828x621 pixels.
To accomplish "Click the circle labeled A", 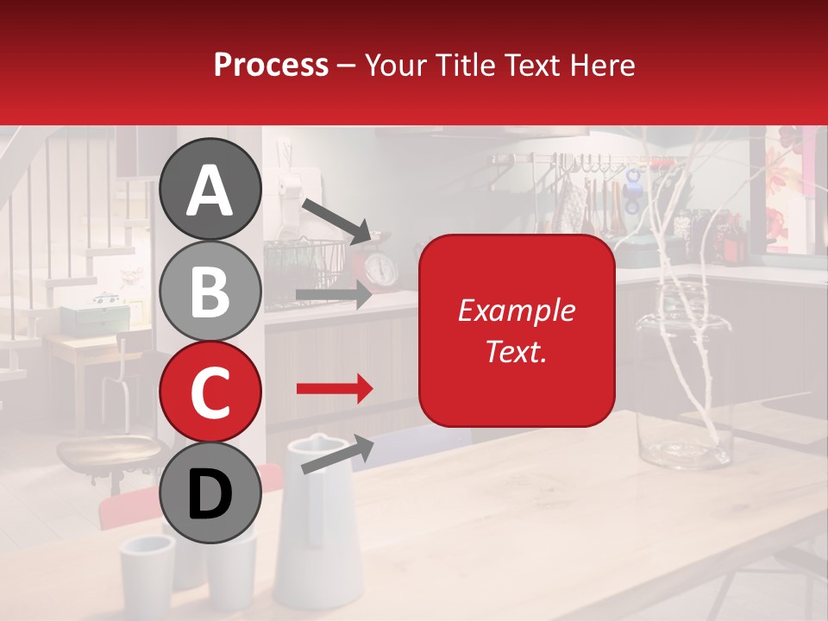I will [210, 189].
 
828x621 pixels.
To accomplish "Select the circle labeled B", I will [210, 291].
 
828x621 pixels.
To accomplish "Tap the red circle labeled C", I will [210, 392].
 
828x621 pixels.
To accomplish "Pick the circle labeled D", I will [210, 493].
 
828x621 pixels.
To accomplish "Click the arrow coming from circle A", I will [337, 220].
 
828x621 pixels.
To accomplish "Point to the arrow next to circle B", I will [334, 295].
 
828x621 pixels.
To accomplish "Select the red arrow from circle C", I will [334, 389].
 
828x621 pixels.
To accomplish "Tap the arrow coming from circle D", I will [337, 455].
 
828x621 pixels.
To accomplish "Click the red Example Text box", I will [517, 330].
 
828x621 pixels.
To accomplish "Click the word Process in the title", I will [271, 65].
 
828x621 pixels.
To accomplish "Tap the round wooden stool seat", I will [108, 451].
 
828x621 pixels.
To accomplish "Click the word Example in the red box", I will [516, 310].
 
